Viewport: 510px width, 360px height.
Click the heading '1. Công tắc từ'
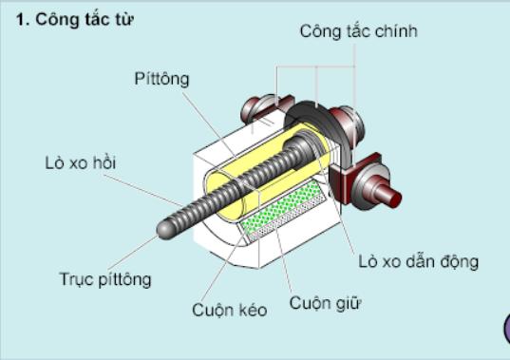[x=74, y=20]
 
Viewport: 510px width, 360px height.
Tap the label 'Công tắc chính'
[x=358, y=32]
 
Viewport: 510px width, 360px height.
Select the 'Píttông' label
[x=161, y=79]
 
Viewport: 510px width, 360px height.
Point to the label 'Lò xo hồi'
[x=81, y=163]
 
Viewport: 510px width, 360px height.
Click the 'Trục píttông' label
[x=105, y=279]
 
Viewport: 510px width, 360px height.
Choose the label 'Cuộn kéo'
[x=229, y=310]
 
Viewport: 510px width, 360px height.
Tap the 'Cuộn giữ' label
[x=325, y=303]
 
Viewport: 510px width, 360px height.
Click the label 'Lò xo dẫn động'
[x=418, y=262]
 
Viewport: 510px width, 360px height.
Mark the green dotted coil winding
[x=280, y=205]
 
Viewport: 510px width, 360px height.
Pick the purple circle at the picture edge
[x=507, y=329]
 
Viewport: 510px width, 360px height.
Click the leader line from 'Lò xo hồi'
[x=143, y=190]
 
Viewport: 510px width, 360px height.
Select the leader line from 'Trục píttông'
[x=133, y=253]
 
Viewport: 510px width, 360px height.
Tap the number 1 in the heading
[x=21, y=21]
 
